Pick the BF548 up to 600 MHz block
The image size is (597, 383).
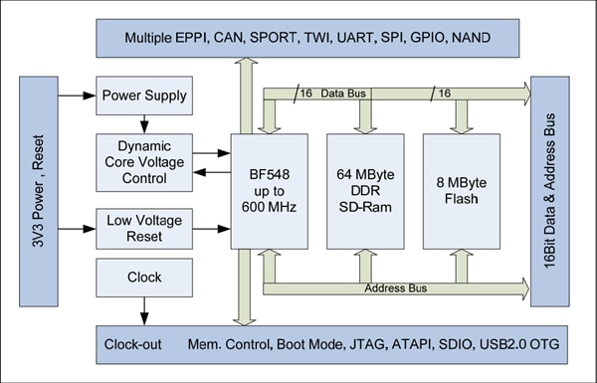(268, 190)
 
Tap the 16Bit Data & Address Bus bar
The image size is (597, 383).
(562, 189)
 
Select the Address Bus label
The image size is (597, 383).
(395, 288)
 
